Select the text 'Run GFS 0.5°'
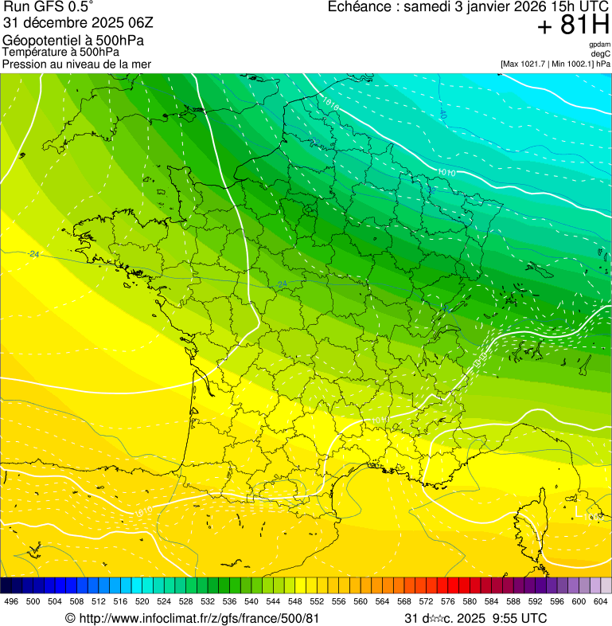[48, 8]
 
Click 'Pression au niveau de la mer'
[76, 65]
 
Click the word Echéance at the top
[361, 7]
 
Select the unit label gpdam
[599, 45]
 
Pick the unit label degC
[601, 53]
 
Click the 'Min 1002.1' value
[572, 64]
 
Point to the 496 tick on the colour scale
[11, 601]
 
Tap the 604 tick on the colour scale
[600, 601]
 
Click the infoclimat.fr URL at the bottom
[199, 618]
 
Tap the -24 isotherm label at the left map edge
[33, 254]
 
